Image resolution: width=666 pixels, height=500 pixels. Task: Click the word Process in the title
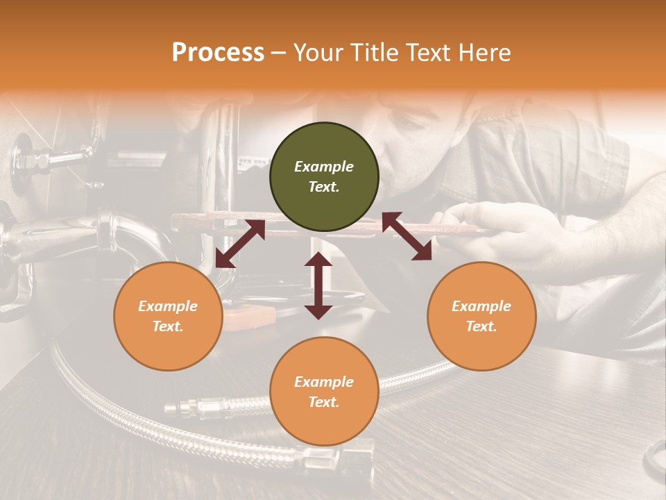218,53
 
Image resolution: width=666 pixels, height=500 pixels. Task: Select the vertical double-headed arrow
318,286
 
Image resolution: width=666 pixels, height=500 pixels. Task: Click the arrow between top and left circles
240,244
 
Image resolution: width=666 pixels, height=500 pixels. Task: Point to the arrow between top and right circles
407,236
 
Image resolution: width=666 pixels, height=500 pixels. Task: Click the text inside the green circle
324,176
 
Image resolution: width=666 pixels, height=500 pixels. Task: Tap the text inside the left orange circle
168,316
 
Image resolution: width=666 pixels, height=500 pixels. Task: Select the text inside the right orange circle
481,316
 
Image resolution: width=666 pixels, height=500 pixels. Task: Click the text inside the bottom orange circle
324,392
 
